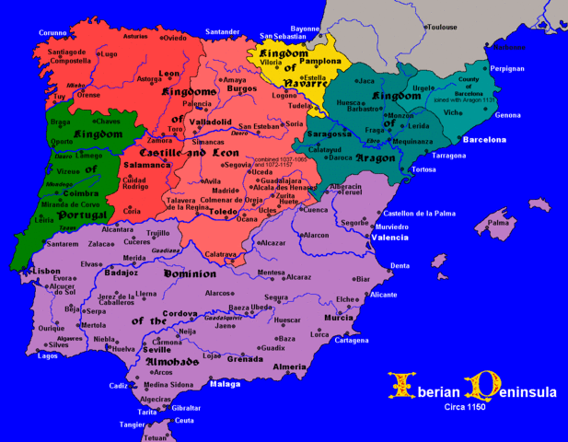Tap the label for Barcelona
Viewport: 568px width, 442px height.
[483, 140]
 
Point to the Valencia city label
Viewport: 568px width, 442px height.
[389, 238]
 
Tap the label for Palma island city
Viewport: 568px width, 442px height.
[498, 222]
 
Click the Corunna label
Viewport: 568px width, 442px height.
[52, 32]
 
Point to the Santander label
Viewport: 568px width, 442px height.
[223, 32]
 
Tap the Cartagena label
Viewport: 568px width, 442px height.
[351, 341]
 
